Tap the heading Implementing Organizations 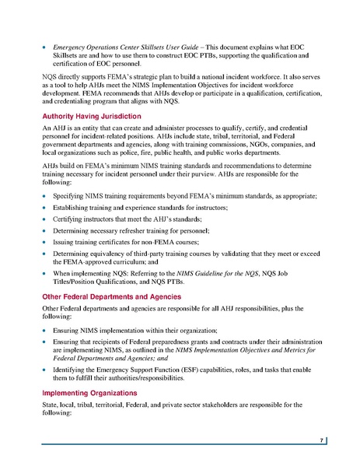pos(88,393)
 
